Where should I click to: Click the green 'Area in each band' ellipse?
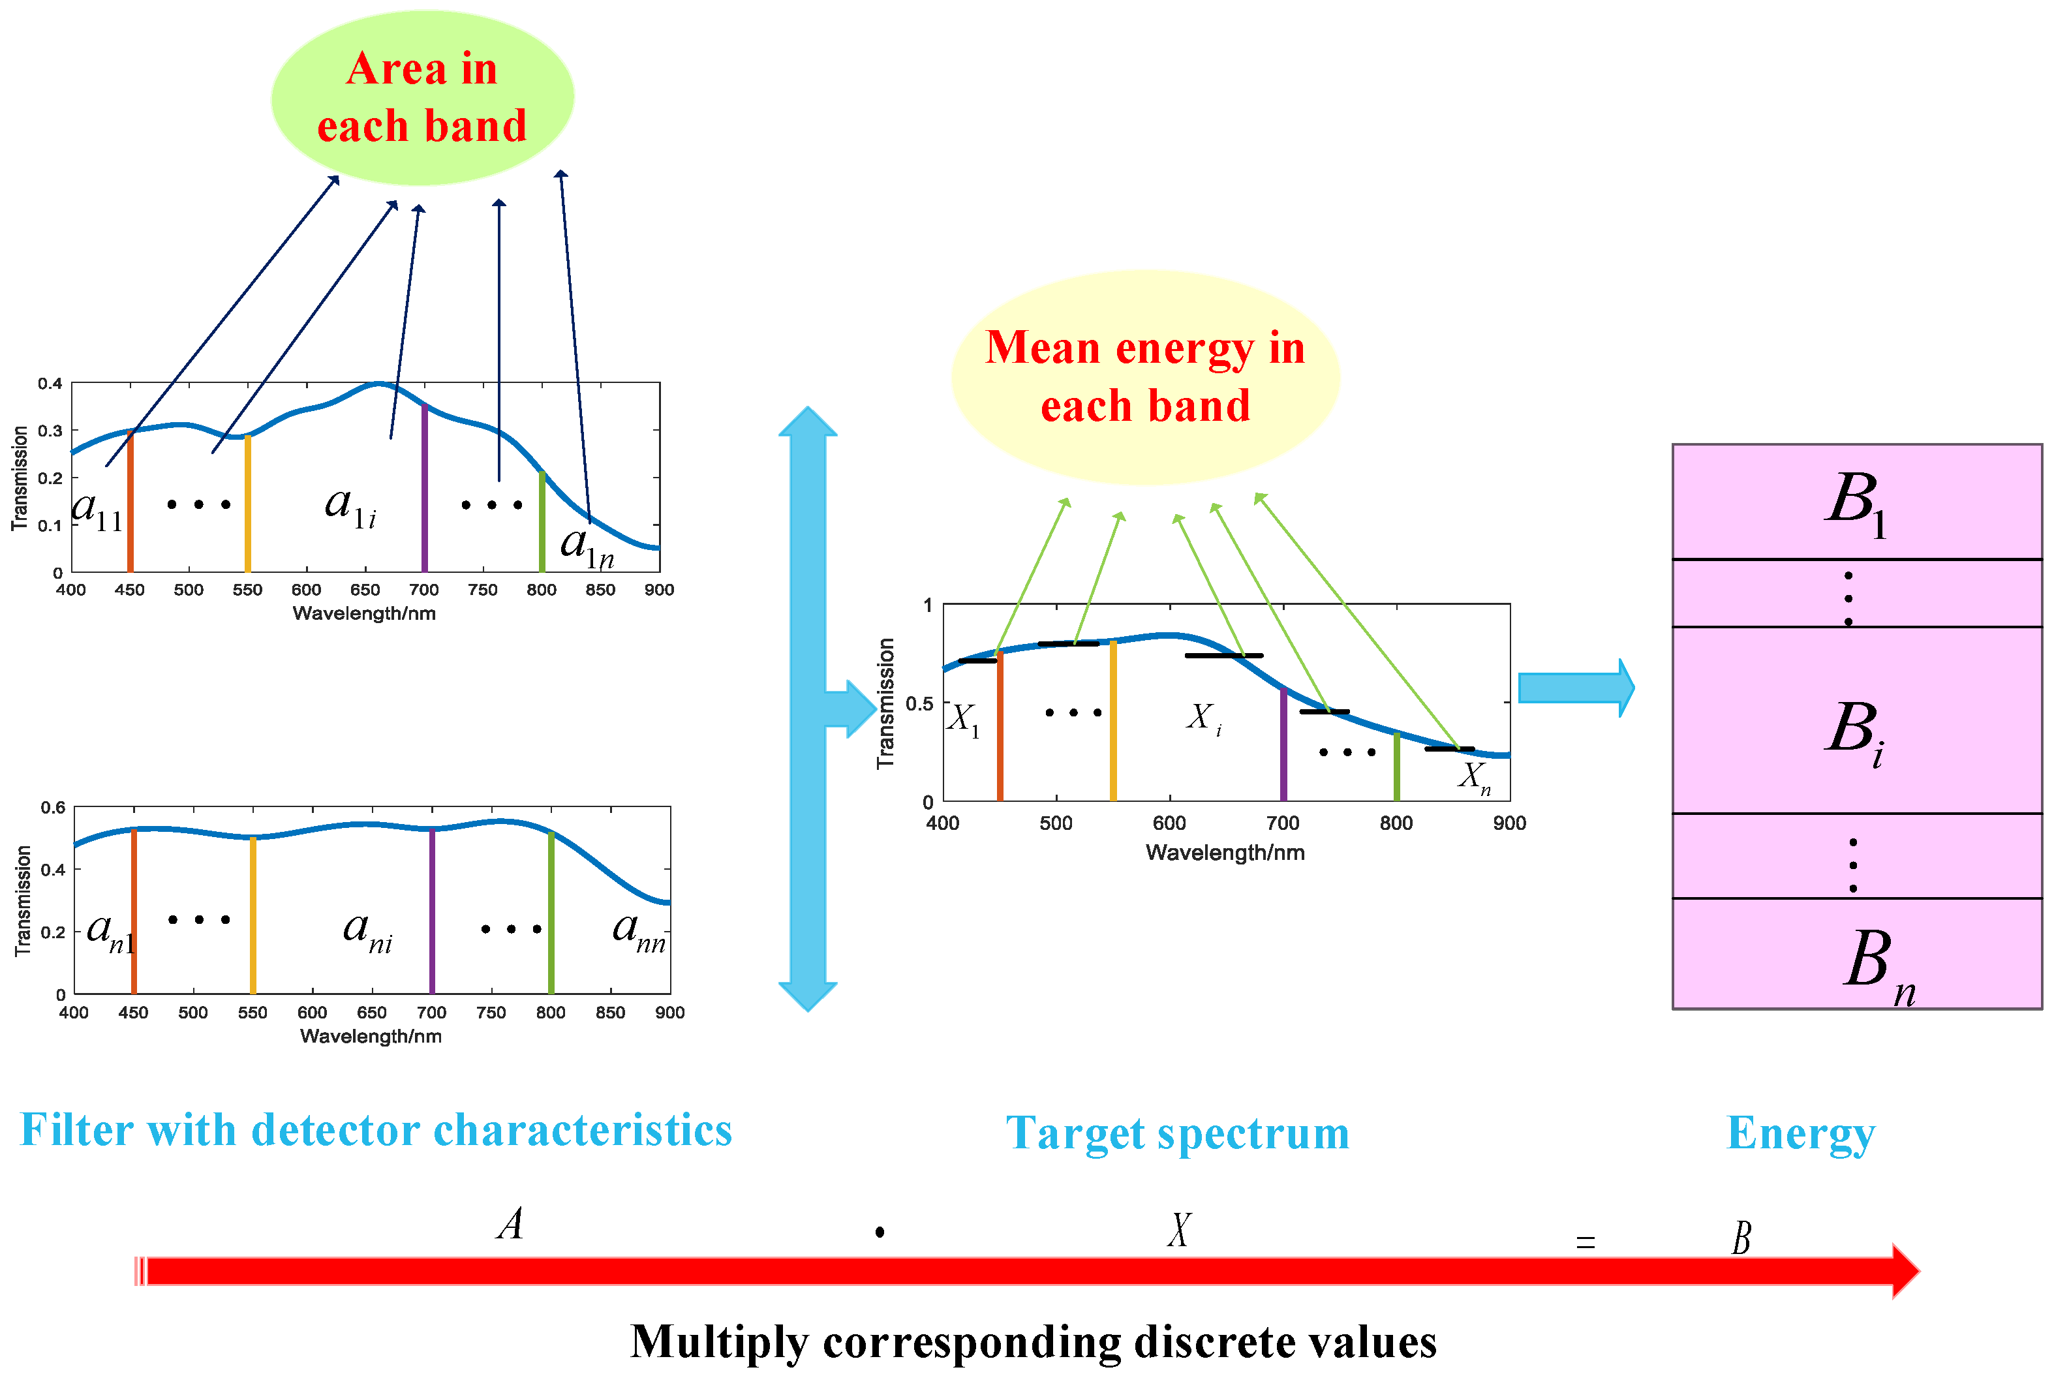click(x=422, y=97)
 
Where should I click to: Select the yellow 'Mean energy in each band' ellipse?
click(x=1144, y=376)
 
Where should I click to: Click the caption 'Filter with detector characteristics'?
click(x=376, y=1130)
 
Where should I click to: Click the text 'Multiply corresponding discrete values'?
click(x=1033, y=1342)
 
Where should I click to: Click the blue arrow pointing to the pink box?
click(x=1576, y=688)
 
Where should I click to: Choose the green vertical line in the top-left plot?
click(x=542, y=522)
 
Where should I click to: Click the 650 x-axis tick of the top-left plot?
click(x=365, y=590)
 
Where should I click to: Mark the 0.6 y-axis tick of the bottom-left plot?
click(x=53, y=807)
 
